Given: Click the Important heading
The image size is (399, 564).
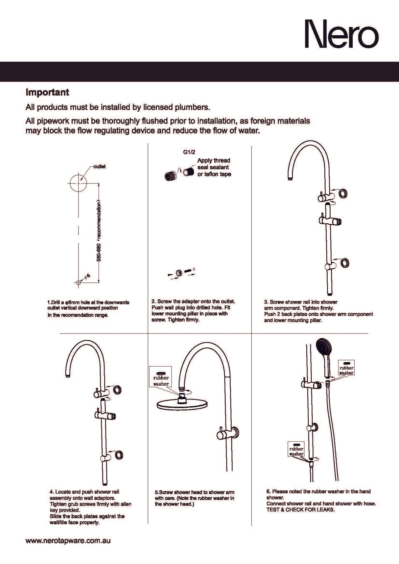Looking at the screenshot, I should [x=47, y=92].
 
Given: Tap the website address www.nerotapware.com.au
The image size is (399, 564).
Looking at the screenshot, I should [x=68, y=541].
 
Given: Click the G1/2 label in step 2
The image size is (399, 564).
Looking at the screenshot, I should [x=189, y=152].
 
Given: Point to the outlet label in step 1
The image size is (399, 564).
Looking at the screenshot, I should [x=100, y=167].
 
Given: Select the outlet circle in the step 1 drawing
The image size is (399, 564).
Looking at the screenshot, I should [x=78, y=182].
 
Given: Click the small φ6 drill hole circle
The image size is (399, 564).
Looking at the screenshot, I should [x=78, y=282].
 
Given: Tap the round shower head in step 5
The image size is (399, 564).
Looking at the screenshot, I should [x=182, y=404].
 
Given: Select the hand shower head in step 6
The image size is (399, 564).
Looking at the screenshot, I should [x=324, y=348].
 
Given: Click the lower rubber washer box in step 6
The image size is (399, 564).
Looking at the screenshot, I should [x=296, y=449].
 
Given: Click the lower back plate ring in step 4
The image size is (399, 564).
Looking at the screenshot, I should [x=119, y=455].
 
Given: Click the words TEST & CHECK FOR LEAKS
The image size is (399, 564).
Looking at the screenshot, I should [x=300, y=510].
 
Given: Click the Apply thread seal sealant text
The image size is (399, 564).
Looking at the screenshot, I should [x=214, y=167].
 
